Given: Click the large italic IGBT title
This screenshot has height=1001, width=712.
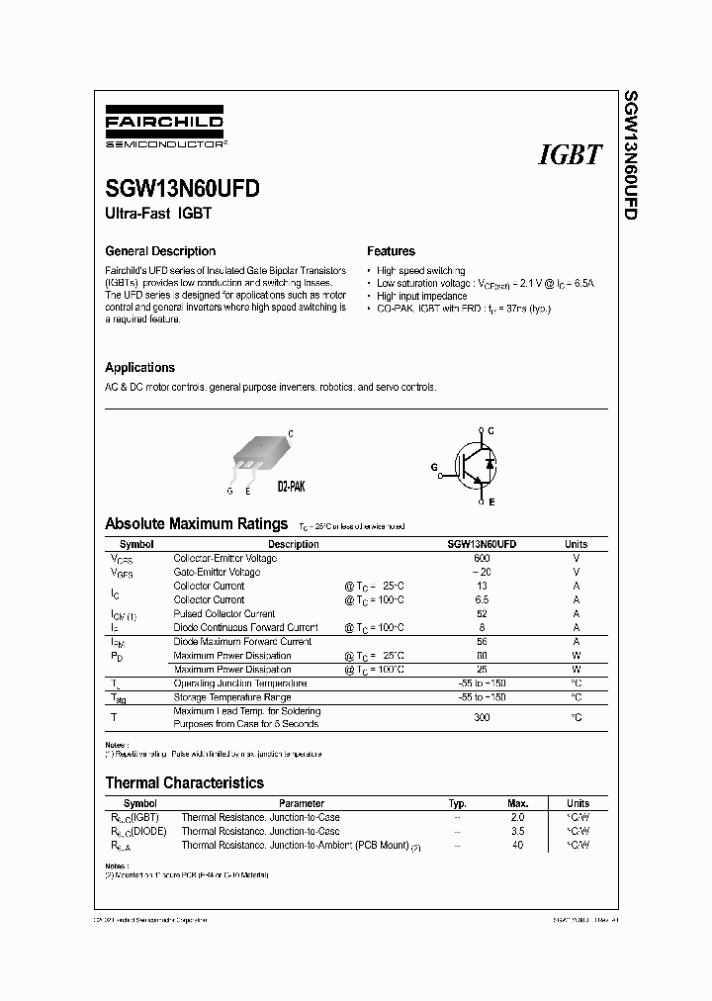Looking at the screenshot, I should pos(570,154).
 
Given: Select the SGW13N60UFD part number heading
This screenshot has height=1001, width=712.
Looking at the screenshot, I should pos(183,190).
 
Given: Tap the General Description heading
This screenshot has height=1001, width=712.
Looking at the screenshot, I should pos(160,251).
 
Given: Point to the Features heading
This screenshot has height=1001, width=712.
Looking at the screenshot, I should pos(391,251).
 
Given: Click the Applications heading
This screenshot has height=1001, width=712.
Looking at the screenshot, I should pos(139,367).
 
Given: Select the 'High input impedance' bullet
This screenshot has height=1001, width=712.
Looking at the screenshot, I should pos(421,296).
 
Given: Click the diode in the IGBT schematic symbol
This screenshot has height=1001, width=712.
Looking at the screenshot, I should pos(491,463).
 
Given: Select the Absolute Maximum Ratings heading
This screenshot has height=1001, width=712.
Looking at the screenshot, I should pos(196,524).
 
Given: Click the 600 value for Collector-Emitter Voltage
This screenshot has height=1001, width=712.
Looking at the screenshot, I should pos(482,558).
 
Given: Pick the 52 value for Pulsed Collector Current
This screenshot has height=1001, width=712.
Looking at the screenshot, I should pos(482,613).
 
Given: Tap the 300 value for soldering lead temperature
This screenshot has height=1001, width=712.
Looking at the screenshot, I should pos(482,717).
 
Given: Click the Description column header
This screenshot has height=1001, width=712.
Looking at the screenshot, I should pos(293,544).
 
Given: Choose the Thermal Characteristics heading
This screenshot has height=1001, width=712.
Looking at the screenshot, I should pos(184,782).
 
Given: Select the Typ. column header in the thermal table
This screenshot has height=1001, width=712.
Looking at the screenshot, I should pos(457,803).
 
